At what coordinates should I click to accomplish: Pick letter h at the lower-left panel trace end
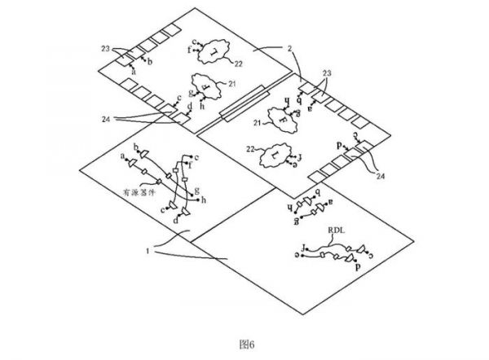205,200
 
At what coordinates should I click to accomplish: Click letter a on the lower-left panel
123,156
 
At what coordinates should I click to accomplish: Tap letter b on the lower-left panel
136,147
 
